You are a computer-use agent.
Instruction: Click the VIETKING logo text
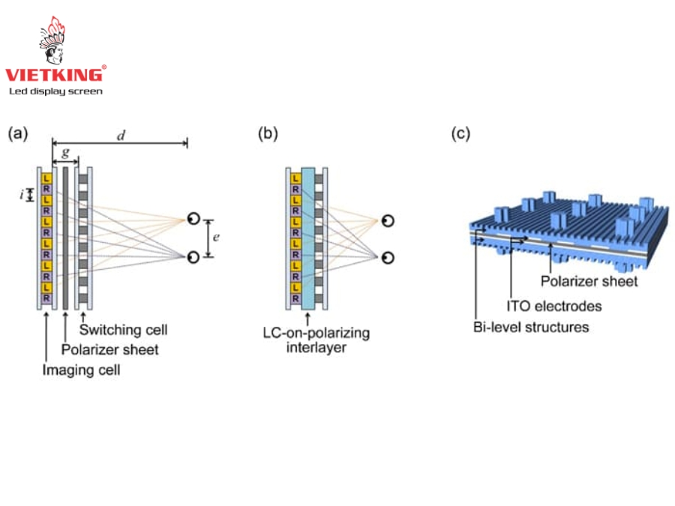53,74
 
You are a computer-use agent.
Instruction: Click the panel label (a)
17,134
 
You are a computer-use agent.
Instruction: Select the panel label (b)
268,134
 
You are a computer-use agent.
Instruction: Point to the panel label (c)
460,134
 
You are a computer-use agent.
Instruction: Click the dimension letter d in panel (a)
120,135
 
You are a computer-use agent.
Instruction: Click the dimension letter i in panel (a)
22,196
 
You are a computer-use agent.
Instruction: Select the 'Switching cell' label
123,330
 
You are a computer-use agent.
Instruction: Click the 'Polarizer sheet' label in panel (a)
109,349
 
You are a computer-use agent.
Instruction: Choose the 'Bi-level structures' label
531,328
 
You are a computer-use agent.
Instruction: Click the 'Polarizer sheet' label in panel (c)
589,281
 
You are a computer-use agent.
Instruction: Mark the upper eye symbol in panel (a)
193,219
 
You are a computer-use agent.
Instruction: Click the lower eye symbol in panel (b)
387,258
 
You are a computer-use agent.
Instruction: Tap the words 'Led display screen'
55,91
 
